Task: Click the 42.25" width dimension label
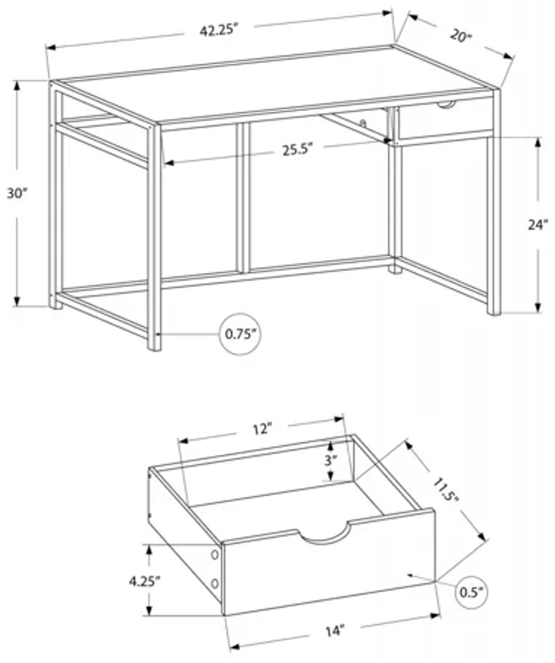218,31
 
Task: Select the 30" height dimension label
17,193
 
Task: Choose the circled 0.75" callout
240,334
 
